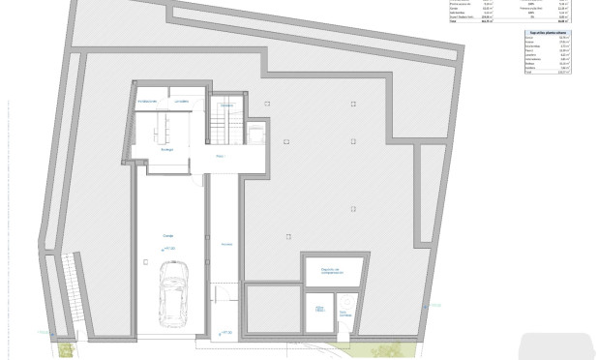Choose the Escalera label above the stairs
226,105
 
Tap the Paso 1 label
221,155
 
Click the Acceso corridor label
225,243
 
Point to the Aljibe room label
319,308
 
